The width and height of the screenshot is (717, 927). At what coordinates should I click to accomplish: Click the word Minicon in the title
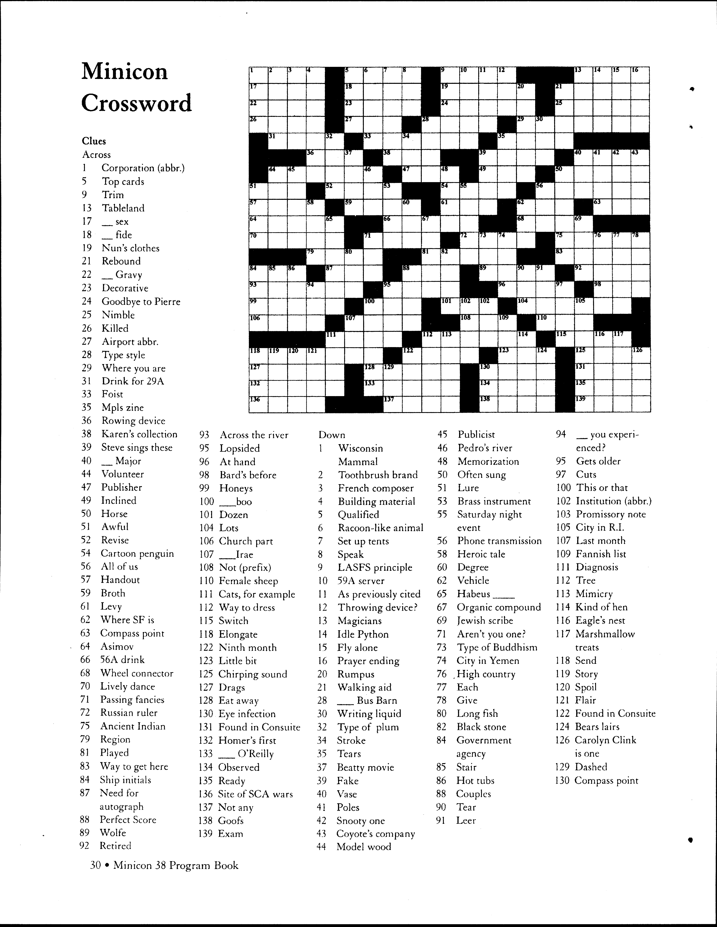tap(125, 71)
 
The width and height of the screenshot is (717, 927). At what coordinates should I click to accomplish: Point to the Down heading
tap(332, 435)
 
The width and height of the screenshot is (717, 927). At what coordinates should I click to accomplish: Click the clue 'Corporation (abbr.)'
tap(143, 168)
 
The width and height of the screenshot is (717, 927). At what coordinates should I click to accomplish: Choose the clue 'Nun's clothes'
tap(130, 248)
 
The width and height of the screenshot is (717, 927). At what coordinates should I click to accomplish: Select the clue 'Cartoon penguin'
tap(137, 554)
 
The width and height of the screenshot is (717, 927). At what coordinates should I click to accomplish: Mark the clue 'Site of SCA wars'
tap(255, 794)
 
